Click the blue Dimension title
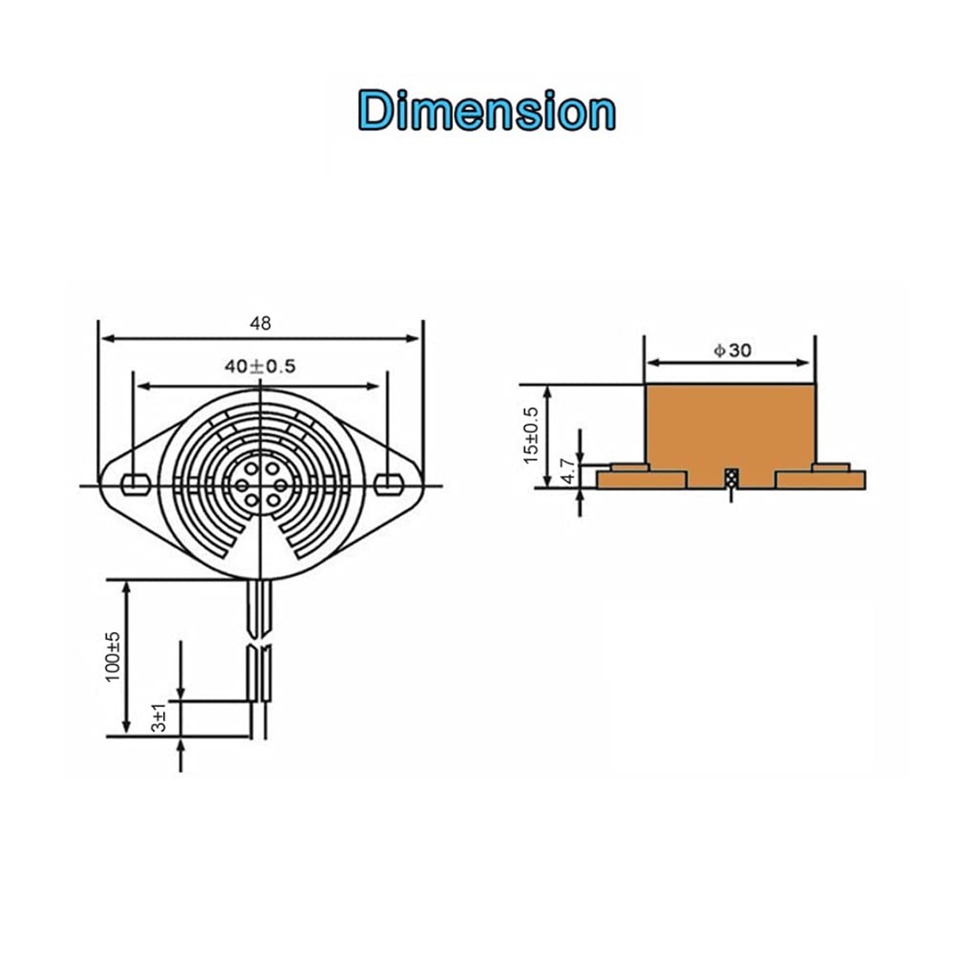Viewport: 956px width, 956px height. [x=487, y=110]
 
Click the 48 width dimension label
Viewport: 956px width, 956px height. [x=260, y=324]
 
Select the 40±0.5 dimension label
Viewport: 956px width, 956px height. [x=260, y=366]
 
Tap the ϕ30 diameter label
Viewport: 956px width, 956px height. [x=732, y=350]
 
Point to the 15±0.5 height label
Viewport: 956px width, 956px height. [x=531, y=435]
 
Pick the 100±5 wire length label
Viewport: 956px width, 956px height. [x=113, y=656]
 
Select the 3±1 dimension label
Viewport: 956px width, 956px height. [x=159, y=718]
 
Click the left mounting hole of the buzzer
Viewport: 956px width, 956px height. [x=135, y=484]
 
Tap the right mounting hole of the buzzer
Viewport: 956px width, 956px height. [x=389, y=484]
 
